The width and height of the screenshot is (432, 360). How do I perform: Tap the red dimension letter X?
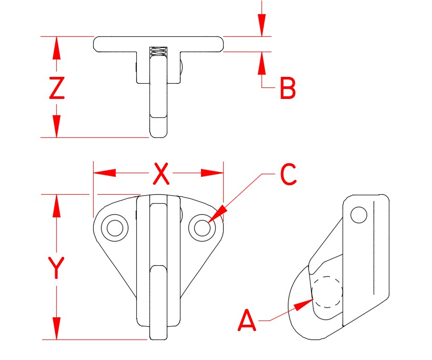[x=160, y=174]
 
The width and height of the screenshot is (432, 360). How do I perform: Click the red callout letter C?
[x=288, y=175]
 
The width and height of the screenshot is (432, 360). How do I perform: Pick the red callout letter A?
[x=247, y=321]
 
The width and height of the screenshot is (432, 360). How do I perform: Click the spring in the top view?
[x=158, y=52]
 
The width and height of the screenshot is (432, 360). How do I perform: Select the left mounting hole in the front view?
[x=115, y=227]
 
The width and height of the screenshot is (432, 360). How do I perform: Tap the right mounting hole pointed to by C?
[x=202, y=227]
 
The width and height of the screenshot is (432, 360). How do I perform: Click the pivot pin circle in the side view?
[x=359, y=215]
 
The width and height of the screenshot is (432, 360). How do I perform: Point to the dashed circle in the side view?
[x=327, y=292]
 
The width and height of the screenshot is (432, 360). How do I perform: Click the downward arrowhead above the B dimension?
[x=262, y=26]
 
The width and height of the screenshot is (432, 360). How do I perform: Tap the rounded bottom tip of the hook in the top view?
[x=158, y=134]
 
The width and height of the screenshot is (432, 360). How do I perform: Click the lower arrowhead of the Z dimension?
[x=56, y=127]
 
